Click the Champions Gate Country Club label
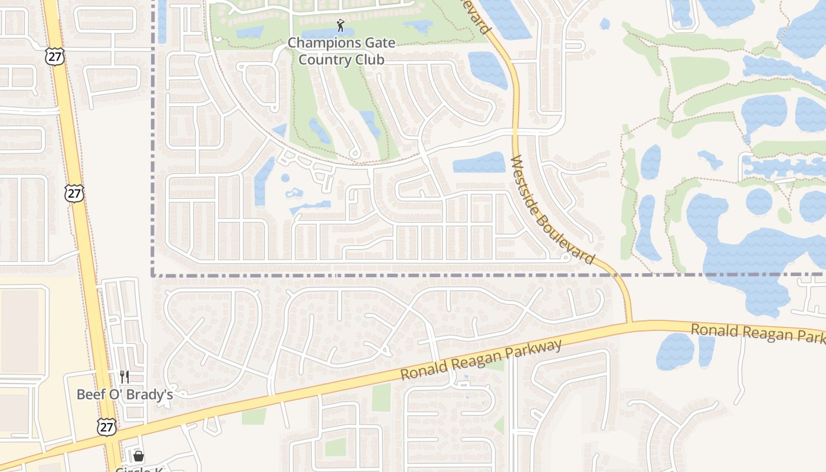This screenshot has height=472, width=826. (x=342, y=51)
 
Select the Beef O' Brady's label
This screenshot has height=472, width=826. (x=124, y=394)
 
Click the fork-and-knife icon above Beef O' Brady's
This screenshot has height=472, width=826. (x=124, y=376)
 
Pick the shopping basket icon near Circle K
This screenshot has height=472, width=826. (x=139, y=456)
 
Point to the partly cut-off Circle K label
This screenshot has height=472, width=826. (x=139, y=469)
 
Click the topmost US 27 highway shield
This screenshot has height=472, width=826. (x=54, y=57)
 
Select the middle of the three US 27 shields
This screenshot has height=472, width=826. (x=75, y=193)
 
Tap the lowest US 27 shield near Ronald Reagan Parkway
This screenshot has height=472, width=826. (x=107, y=427)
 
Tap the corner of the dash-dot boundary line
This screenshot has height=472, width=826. (x=153, y=275)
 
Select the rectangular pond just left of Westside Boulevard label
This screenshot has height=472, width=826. (x=479, y=163)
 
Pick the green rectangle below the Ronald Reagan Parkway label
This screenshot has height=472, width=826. (x=381, y=397)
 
